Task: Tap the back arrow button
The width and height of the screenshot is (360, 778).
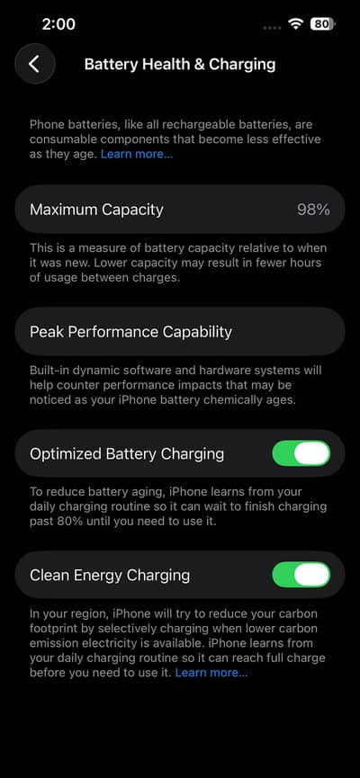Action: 34,64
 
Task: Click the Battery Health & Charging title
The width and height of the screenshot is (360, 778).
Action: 180,64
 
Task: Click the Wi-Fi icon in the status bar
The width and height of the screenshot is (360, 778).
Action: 295,23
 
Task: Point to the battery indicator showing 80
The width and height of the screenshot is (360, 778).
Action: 321,23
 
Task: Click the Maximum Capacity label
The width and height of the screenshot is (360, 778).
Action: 96,210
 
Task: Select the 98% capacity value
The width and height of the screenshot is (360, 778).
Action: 313,210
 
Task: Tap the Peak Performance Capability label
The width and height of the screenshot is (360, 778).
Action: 130,332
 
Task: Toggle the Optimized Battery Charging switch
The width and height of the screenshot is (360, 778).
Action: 301,453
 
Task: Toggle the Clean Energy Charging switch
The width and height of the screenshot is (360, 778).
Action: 301,575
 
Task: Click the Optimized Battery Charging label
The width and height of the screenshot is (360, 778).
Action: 127,453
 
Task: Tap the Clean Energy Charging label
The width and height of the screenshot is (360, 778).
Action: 110,575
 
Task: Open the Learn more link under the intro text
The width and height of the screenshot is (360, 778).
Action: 137,155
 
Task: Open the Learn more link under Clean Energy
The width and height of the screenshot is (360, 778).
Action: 211,672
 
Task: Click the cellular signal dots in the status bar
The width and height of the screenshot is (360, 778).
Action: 271,26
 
